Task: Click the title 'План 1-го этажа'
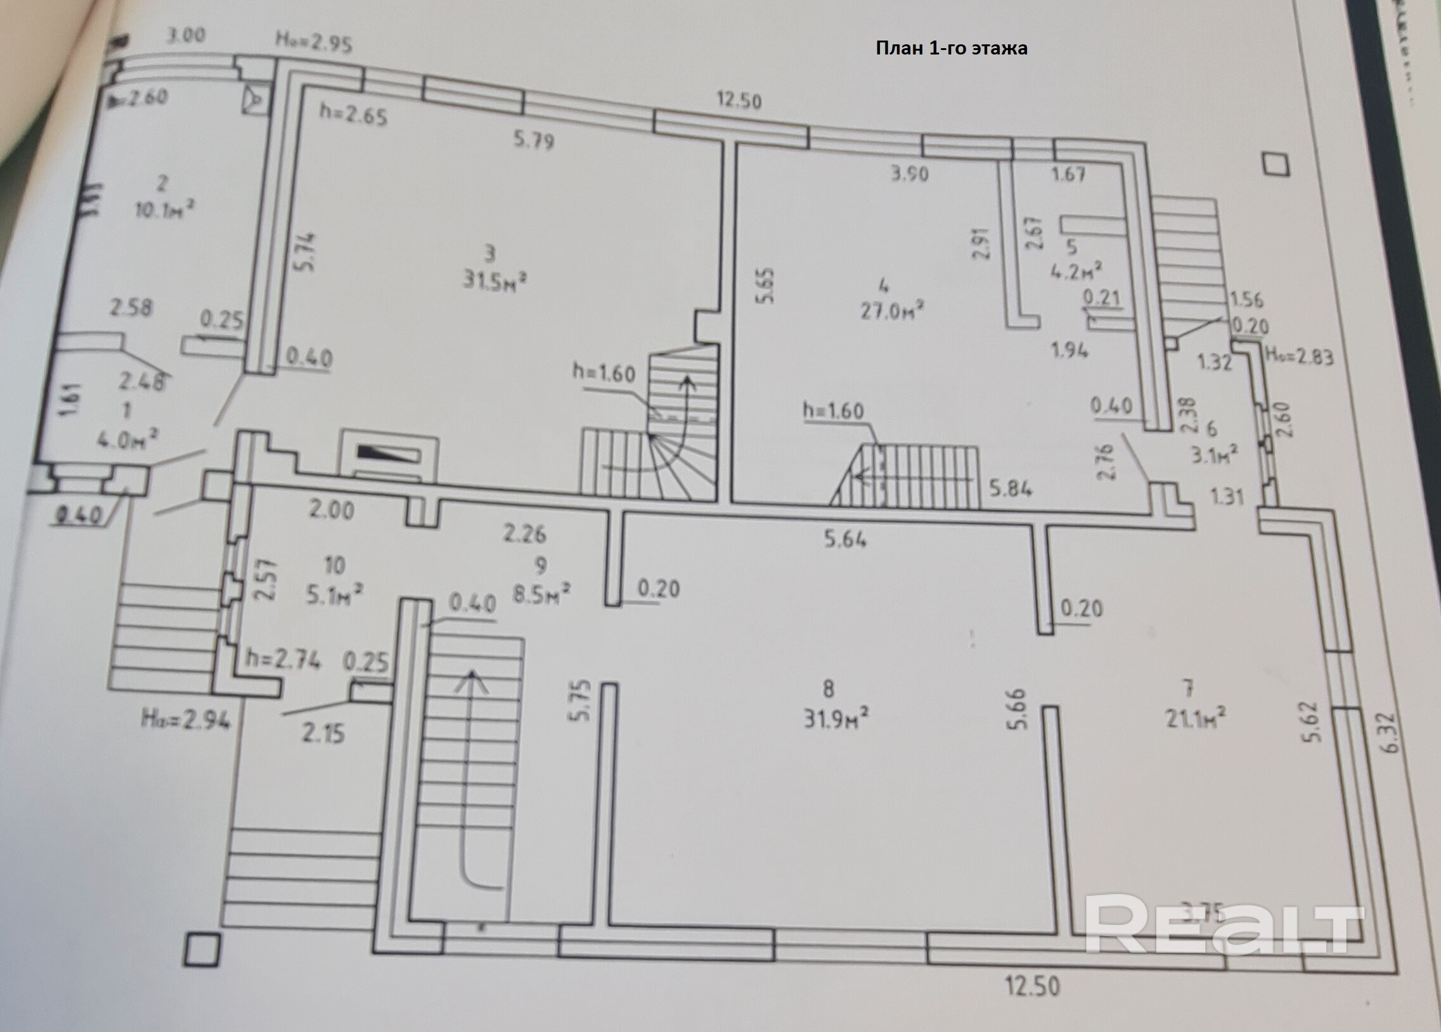click(951, 48)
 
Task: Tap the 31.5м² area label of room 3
click(495, 280)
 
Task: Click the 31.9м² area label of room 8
click(836, 720)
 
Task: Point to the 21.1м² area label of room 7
click(1195, 718)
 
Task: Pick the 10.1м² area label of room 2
click(164, 209)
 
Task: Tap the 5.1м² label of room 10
click(334, 595)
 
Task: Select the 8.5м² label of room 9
click(541, 595)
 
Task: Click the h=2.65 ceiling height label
click(352, 115)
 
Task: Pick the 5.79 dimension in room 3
click(534, 140)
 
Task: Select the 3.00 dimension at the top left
click(186, 34)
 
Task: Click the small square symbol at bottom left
click(202, 950)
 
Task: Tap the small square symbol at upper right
click(1276, 165)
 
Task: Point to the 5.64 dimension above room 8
click(845, 539)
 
